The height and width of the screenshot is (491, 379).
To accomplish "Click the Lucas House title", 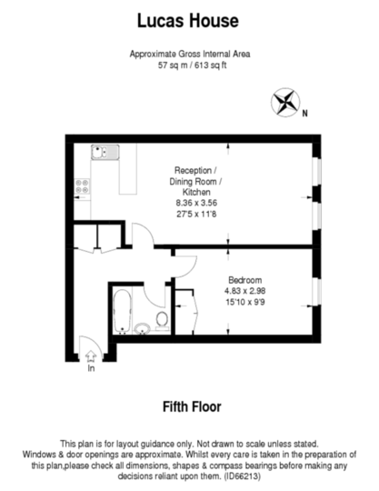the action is tap(188, 21).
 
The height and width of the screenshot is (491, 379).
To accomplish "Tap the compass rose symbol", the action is tap(285, 102).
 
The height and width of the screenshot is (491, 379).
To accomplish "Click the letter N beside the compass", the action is tap(304, 114).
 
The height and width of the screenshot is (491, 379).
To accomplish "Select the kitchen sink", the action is tap(105, 152).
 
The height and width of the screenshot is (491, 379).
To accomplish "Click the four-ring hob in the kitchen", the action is tap(83, 186).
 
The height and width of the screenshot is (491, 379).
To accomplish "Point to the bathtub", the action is tap(122, 311).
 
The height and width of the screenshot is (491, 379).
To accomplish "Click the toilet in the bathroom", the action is tap(162, 321).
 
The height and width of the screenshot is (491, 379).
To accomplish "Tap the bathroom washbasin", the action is tap(143, 329).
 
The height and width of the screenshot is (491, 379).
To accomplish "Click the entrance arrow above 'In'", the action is tap(91, 356).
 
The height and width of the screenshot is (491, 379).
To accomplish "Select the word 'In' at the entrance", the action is tap(91, 368).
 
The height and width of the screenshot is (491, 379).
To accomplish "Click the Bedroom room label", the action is tap(245, 280).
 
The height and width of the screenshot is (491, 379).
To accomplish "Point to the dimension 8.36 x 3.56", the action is tap(196, 203).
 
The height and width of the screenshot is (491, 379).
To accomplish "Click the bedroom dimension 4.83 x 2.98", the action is tap(245, 291).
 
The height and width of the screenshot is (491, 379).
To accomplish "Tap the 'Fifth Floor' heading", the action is tap(192, 406).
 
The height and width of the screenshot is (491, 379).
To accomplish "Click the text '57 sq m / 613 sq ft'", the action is tap(192, 65).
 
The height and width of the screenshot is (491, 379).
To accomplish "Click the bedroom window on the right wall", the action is tap(316, 292).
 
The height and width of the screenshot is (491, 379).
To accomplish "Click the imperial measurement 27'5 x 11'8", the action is tap(196, 215).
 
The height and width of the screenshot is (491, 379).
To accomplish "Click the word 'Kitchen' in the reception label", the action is tap(196, 192).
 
